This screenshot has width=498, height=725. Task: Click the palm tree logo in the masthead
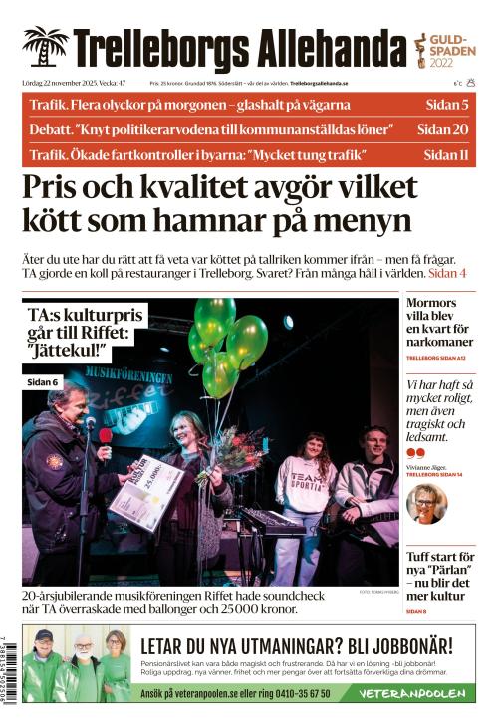coord(45,47)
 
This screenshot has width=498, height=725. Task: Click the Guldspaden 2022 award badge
coord(444,47)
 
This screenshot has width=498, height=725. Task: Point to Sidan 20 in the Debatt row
coord(442,129)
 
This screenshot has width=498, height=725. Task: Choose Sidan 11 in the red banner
coord(445,155)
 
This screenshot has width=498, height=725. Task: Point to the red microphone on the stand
coord(105,436)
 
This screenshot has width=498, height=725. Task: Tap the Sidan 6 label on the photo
coord(43,382)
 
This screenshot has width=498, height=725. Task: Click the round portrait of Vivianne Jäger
coord(426,504)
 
